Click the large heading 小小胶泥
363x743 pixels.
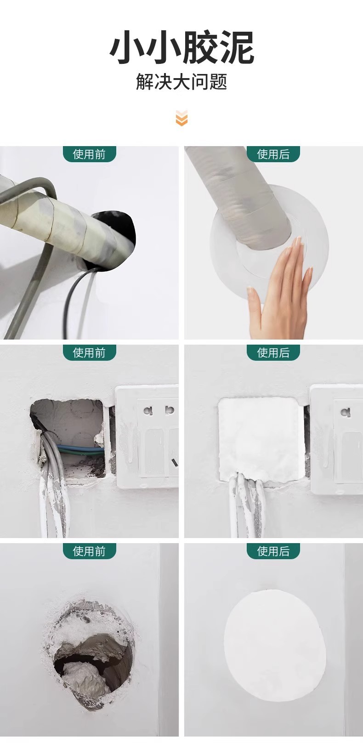coord(182,47)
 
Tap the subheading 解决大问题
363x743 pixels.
coord(181,82)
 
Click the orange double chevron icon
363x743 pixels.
coord(181,118)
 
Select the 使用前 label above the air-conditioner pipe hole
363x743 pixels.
coord(89,154)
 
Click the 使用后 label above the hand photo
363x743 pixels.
coord(273,154)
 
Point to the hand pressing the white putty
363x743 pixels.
coord(280,289)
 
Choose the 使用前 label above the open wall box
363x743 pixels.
coord(89,352)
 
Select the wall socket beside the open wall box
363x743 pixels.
coord(147,439)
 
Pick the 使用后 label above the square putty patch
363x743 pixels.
coord(273,352)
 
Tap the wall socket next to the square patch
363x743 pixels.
coord(336,439)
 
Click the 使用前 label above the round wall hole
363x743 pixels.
coord(89,551)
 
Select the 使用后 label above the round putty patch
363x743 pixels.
coord(273,551)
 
